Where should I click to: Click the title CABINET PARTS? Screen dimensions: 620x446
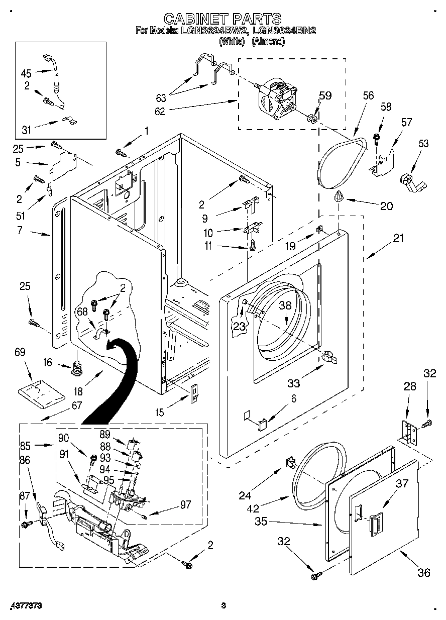click(222, 19)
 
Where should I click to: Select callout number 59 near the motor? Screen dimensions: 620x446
click(325, 95)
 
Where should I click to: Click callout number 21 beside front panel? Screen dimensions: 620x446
click(398, 238)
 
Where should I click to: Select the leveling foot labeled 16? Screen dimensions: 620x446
click(77, 369)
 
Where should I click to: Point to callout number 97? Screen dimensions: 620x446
click(185, 504)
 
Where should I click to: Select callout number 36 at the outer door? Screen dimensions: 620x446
click(423, 572)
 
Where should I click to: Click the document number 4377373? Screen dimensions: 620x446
click(25, 606)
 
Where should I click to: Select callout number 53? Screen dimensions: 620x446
click(423, 144)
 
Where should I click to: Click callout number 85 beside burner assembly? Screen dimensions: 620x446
click(25, 445)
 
